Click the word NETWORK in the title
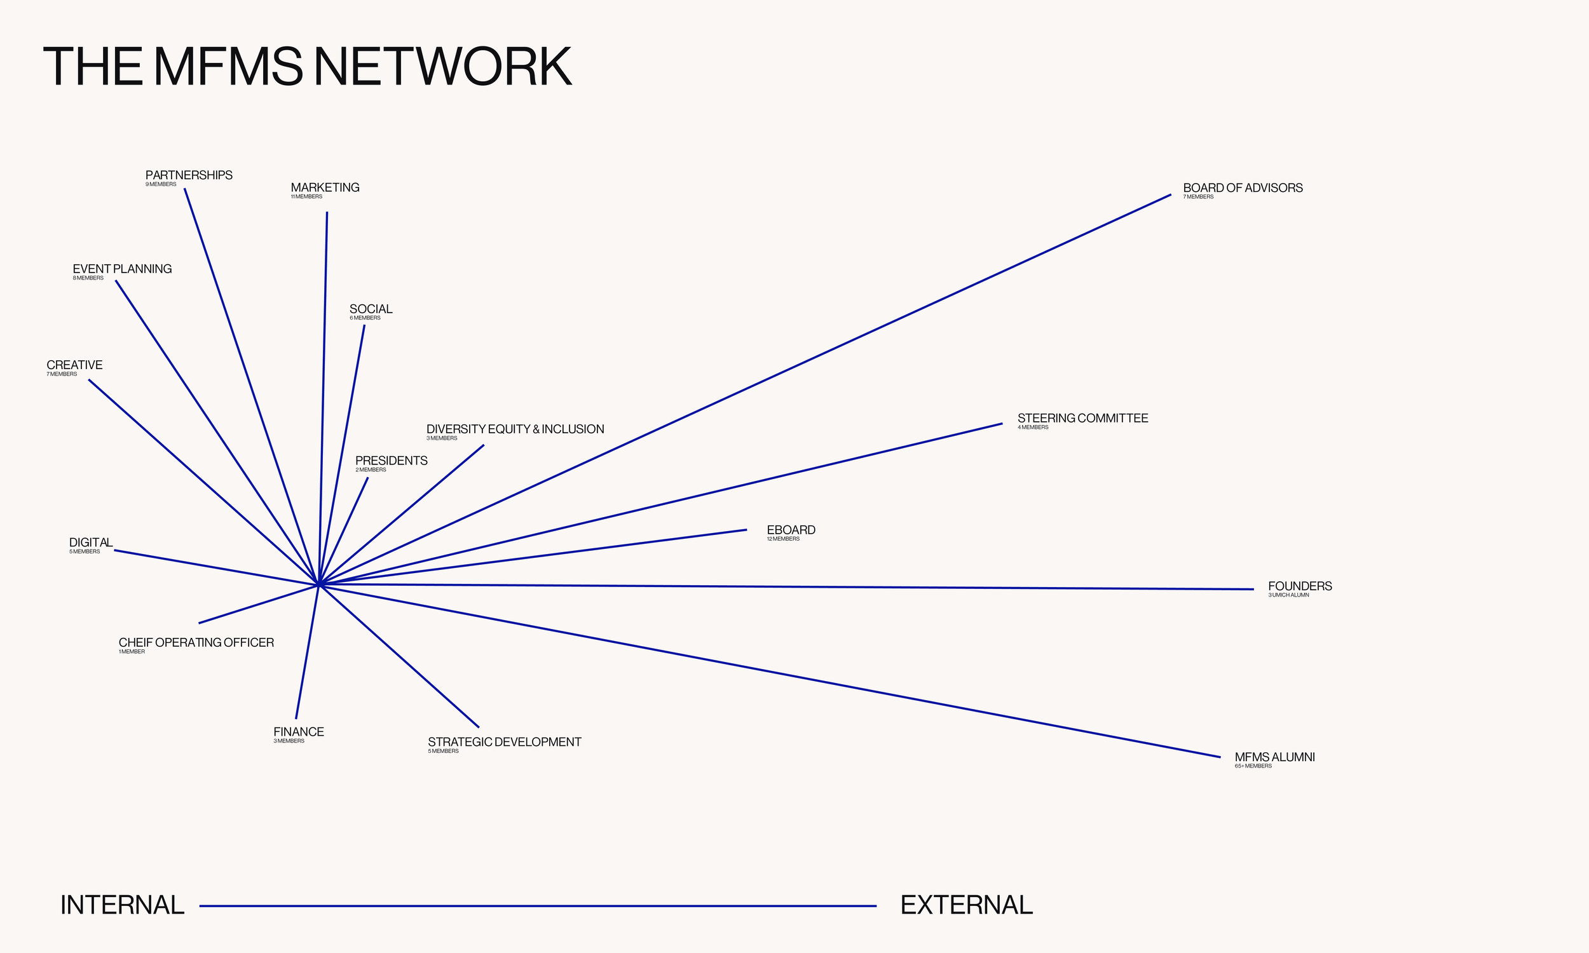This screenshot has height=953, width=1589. (442, 67)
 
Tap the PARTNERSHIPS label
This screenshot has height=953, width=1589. (189, 175)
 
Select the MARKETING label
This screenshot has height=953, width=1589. (325, 187)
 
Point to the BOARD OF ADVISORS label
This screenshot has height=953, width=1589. (1242, 188)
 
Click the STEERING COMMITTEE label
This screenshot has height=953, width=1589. (1082, 419)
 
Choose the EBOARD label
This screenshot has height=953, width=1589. (791, 531)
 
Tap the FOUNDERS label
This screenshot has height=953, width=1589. (1299, 586)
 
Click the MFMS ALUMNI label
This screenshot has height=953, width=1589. (1274, 757)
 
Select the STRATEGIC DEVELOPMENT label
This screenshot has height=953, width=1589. (504, 742)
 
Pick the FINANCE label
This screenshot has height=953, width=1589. (299, 732)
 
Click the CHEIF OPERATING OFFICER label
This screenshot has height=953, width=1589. (196, 643)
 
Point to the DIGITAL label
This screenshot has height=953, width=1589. (90, 543)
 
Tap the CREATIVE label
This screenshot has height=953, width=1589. (74, 365)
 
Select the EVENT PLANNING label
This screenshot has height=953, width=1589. (122, 269)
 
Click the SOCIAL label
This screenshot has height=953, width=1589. (371, 309)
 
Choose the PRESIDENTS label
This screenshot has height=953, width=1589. (391, 461)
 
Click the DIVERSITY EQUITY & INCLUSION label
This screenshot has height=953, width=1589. (515, 429)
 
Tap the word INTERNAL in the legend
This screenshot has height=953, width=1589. (122, 905)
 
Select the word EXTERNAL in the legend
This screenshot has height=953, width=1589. (966, 905)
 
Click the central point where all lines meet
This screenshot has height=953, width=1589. (318, 585)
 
